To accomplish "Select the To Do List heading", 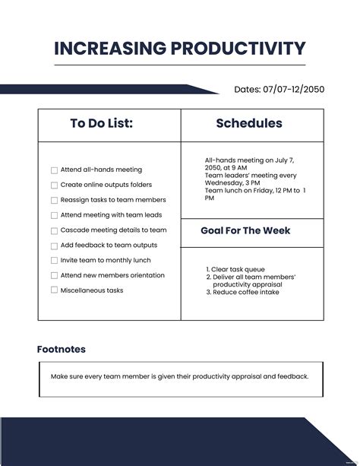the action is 101,123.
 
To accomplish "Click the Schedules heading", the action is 249,123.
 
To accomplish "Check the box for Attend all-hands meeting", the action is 54,170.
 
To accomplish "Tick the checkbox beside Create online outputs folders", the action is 54,185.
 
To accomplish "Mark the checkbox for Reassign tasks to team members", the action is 54,201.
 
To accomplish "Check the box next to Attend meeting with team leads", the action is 54,216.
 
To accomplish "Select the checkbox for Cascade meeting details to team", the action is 54,230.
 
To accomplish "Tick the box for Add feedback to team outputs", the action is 54,246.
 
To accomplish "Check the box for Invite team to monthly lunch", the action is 54,261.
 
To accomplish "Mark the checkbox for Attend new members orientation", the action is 54,276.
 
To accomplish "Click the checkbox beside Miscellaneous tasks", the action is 54,290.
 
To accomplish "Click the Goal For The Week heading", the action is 245,230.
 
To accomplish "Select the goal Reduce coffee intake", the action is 245,292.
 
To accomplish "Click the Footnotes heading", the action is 62,350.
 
